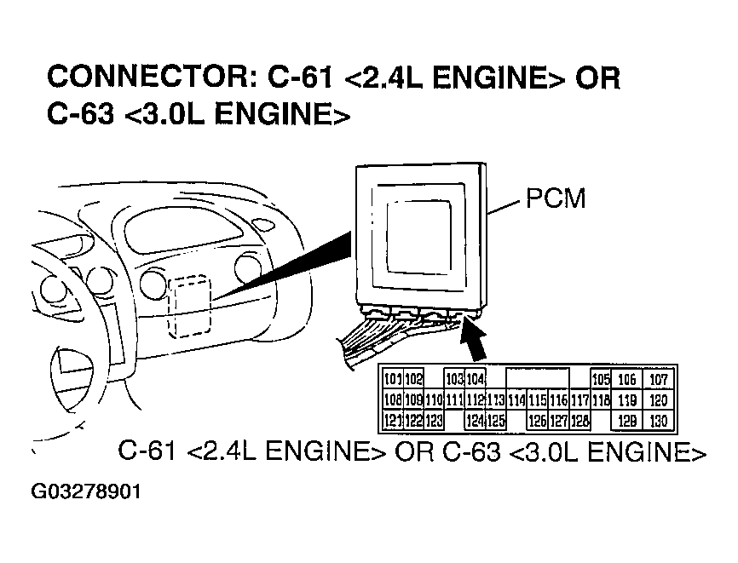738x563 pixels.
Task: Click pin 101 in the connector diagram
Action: (393, 379)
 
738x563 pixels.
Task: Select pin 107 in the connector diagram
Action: (659, 379)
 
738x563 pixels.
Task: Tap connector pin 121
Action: (393, 419)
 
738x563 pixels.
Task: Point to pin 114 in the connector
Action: (516, 399)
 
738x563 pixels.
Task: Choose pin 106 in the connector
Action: (627, 379)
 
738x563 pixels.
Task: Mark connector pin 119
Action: (627, 399)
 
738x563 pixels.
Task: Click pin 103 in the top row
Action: (454, 379)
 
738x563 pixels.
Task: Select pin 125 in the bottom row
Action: (496, 419)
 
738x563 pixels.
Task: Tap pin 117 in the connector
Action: (579, 399)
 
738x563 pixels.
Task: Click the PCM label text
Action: (556, 200)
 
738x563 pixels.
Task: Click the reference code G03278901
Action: (86, 492)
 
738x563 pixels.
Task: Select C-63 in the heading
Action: (80, 115)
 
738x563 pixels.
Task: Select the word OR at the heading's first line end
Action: (597, 78)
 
